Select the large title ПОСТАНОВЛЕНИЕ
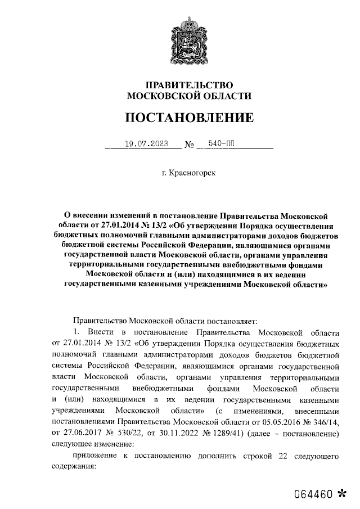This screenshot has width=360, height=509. (189, 118)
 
